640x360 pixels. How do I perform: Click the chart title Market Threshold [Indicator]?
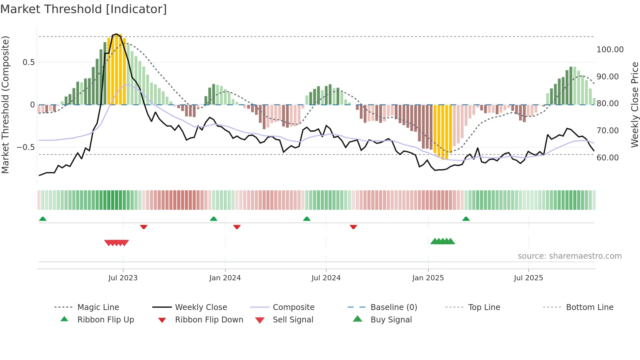[x=84, y=9]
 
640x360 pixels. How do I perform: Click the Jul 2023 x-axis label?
[x=123, y=278]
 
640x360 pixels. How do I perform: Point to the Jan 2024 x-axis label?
[x=225, y=278]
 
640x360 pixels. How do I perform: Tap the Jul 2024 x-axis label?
[x=326, y=278]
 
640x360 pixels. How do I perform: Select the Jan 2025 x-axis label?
[x=428, y=278]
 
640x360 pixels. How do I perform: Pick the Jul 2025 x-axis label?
[x=528, y=278]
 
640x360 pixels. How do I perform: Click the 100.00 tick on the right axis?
[x=610, y=50]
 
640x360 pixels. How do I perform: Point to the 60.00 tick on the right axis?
[x=608, y=158]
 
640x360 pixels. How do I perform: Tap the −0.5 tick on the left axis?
[x=26, y=147]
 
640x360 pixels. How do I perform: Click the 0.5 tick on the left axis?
[x=28, y=62]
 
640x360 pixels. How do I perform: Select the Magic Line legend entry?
[x=98, y=307]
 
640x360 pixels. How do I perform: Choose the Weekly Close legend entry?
[x=201, y=307]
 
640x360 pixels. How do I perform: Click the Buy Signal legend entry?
[x=391, y=320]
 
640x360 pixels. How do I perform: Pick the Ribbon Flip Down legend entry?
[x=209, y=320]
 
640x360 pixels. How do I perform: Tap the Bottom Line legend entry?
[x=589, y=307]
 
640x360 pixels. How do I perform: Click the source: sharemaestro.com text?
[x=569, y=256]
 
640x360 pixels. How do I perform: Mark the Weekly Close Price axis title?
[x=634, y=105]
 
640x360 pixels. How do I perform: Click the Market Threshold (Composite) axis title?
[x=5, y=105]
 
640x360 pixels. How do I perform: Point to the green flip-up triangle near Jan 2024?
[x=214, y=219]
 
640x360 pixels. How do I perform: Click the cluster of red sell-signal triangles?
[x=117, y=243]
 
